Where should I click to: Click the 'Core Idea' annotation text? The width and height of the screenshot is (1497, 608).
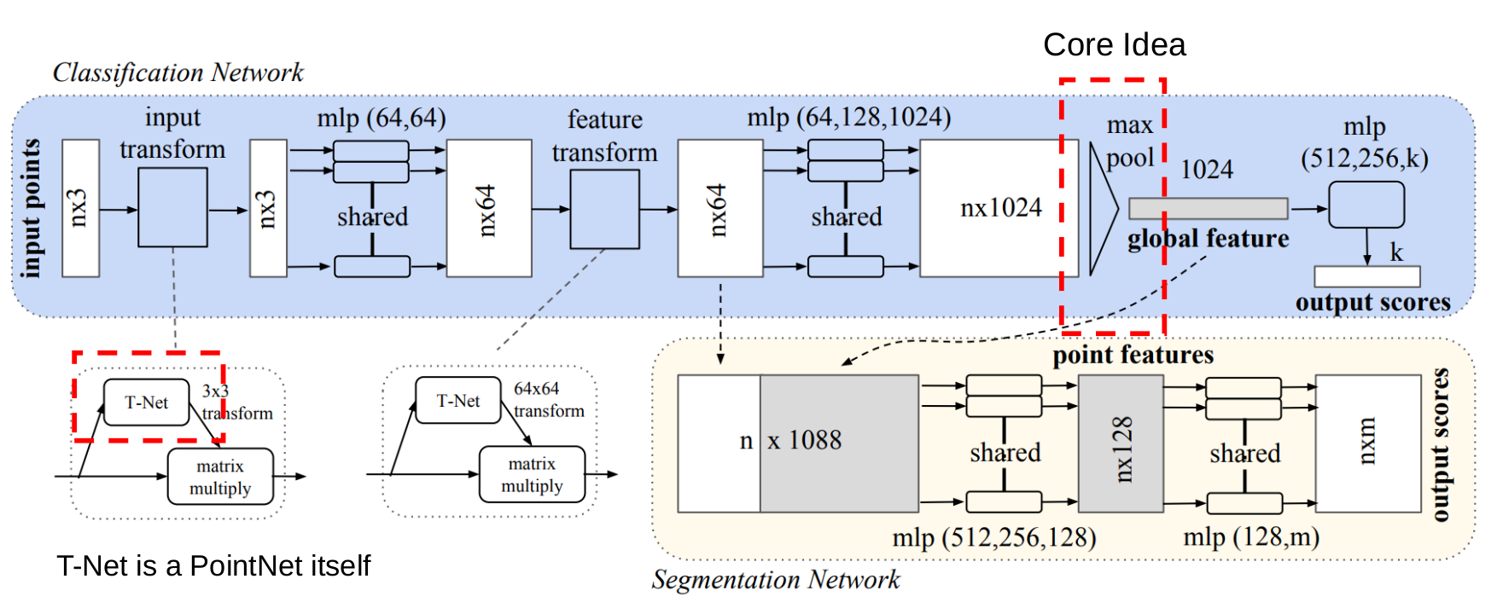tap(1114, 45)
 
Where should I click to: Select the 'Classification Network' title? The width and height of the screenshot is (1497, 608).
tap(178, 72)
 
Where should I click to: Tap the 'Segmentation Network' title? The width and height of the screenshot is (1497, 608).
tap(775, 580)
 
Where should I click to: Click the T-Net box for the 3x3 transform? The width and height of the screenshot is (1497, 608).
tap(146, 402)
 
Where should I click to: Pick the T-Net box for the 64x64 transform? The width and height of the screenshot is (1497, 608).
tap(457, 401)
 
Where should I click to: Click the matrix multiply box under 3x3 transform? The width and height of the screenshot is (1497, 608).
tap(220, 477)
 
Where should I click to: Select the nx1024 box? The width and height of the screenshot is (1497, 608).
tap(999, 208)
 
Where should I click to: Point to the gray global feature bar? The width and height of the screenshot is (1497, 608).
tap(1208, 208)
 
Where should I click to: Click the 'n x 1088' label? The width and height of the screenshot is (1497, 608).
tap(791, 441)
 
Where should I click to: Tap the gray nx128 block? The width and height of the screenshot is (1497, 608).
tap(1121, 443)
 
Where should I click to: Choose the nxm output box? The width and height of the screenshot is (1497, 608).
tap(1367, 443)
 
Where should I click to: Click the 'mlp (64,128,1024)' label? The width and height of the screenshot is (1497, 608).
tap(848, 117)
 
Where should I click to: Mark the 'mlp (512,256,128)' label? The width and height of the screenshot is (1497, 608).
tap(993, 537)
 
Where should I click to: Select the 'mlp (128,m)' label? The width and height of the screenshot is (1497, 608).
tap(1250, 537)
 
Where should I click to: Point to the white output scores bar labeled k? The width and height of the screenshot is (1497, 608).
tap(1366, 276)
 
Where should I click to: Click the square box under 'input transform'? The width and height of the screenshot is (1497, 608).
tap(172, 207)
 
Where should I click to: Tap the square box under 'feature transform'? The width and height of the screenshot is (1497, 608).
tap(604, 209)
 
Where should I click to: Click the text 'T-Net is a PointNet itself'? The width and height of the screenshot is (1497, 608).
tap(213, 566)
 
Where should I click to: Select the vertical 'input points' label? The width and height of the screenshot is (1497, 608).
tap(32, 209)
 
